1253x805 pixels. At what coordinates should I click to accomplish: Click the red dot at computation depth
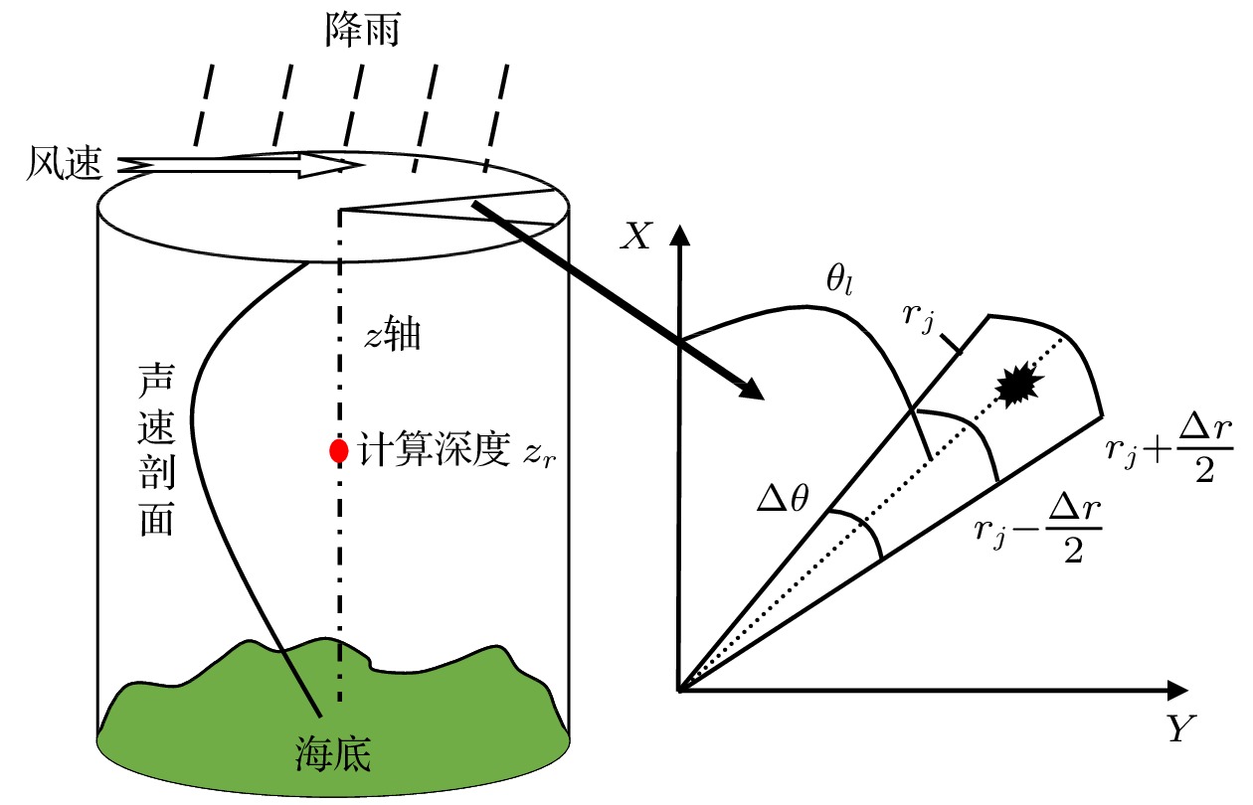339,451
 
